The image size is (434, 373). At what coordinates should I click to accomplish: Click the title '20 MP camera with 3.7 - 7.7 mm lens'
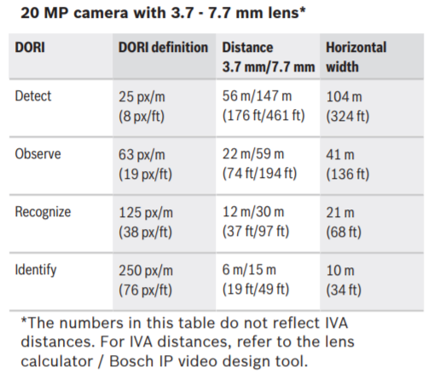click(163, 13)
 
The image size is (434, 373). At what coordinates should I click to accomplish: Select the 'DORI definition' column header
click(163, 48)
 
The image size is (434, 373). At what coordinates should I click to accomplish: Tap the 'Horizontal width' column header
click(356, 57)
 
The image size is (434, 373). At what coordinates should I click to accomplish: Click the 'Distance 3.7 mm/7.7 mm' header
click(269, 57)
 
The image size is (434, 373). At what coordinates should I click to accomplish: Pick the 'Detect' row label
click(33, 96)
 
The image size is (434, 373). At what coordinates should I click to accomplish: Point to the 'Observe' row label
click(38, 154)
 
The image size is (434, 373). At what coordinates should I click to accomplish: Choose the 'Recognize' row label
click(43, 212)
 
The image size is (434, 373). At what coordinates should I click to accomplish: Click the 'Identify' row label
click(36, 270)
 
